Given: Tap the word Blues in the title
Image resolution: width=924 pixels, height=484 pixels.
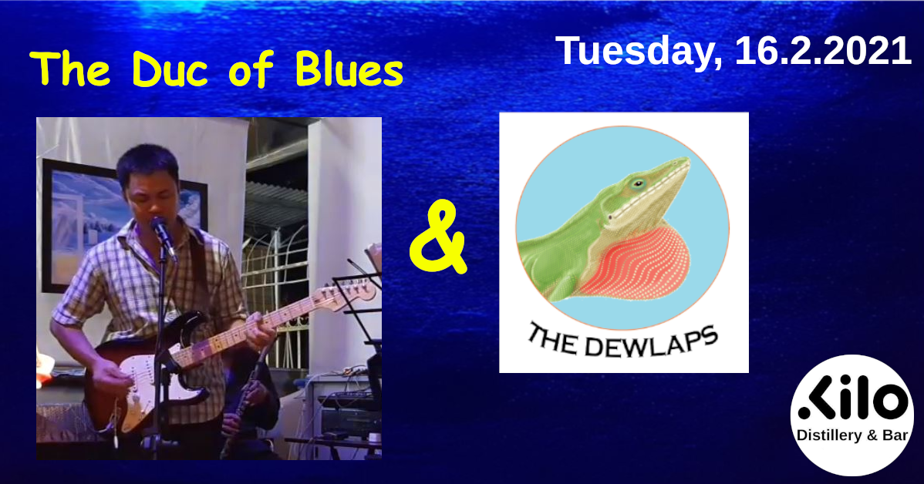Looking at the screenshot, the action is point(349,70).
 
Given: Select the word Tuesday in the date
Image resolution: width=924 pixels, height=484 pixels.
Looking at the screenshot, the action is point(639,51).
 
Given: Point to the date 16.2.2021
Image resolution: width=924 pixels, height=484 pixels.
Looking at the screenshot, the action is point(823,51).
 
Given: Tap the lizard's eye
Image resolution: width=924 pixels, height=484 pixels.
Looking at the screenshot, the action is point(638,183).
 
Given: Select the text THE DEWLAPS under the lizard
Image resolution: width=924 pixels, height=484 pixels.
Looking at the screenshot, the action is point(623,341).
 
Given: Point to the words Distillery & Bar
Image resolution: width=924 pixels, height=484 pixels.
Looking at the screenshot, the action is point(852,435).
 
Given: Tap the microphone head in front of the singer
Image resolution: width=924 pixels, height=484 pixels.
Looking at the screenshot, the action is point(159,226).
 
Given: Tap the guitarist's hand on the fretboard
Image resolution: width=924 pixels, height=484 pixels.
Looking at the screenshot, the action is point(259,333).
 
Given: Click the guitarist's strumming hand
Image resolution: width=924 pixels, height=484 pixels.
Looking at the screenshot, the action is point(112,378).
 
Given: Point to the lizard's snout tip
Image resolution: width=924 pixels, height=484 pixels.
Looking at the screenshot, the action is point(686,160).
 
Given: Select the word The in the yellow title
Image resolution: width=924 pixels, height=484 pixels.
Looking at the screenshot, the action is point(70,70).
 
